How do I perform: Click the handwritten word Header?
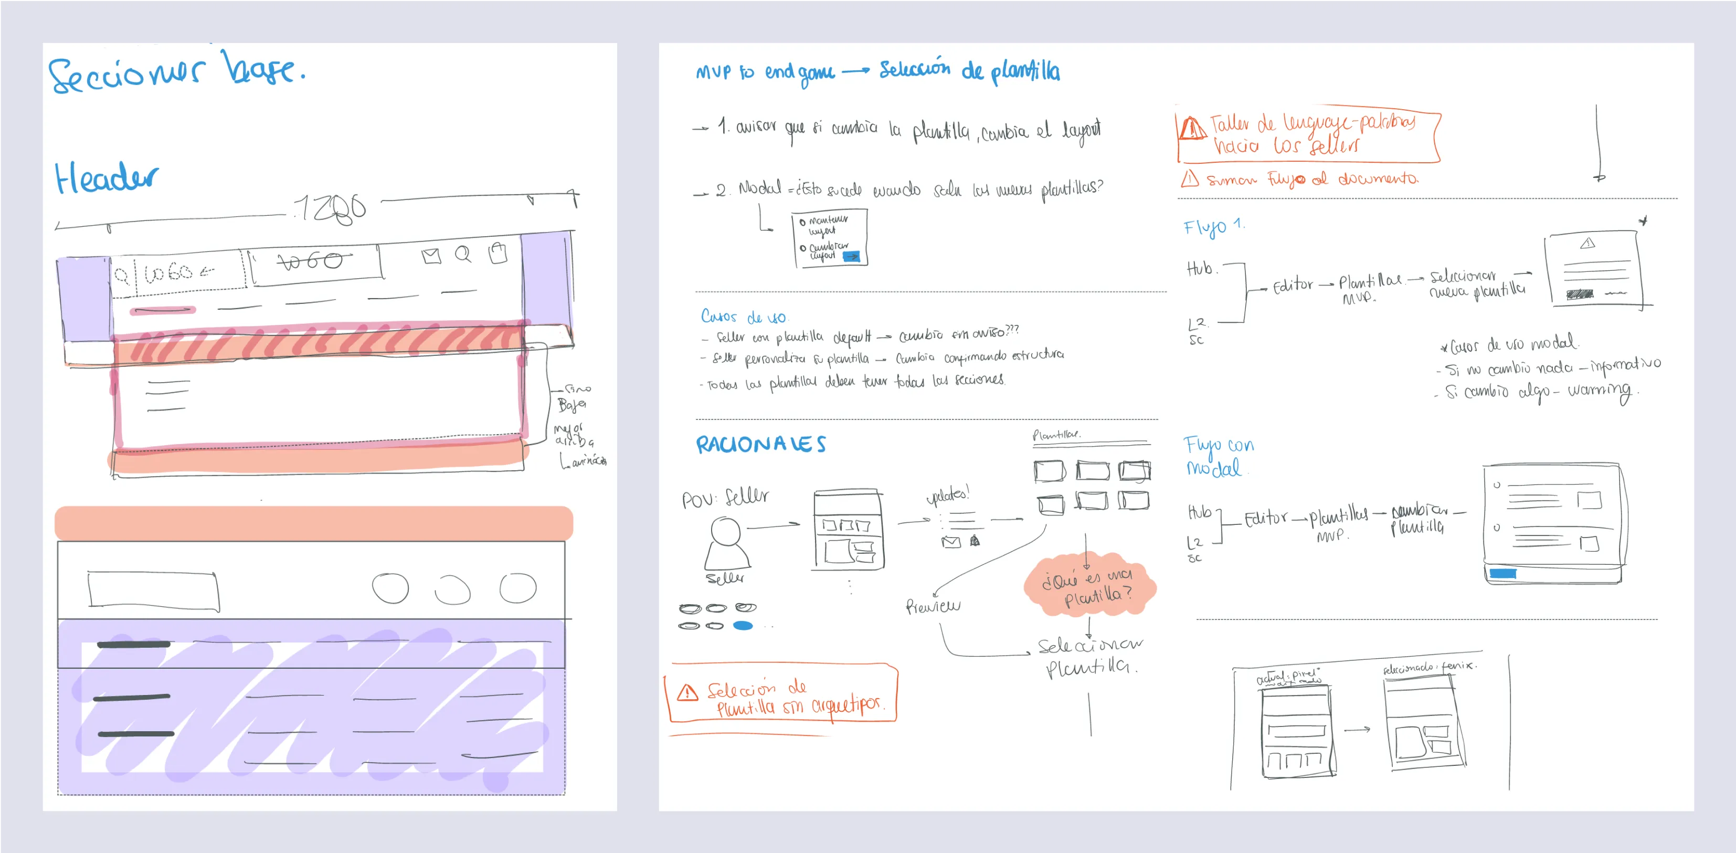[x=107, y=178]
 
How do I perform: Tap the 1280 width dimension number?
[x=330, y=208]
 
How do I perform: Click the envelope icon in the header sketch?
[x=431, y=256]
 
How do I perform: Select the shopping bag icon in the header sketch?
[x=498, y=253]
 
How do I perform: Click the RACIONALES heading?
[x=760, y=445]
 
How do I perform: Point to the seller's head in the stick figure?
[x=726, y=531]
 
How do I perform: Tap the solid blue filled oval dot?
[x=743, y=626]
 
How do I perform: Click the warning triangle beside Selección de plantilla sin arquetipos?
[x=687, y=692]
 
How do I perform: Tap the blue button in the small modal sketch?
[x=852, y=256]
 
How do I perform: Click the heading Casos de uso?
[x=743, y=316]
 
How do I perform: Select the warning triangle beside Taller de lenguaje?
[x=1192, y=128]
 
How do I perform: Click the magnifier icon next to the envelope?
[x=463, y=254]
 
